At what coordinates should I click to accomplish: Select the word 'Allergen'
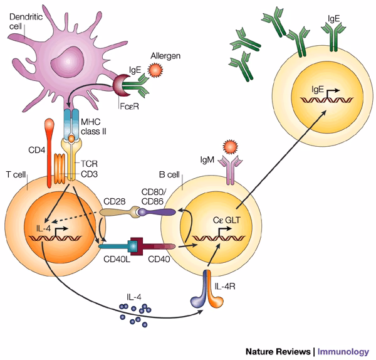(x=165, y=56)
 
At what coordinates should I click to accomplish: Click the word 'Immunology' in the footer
(x=347, y=349)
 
